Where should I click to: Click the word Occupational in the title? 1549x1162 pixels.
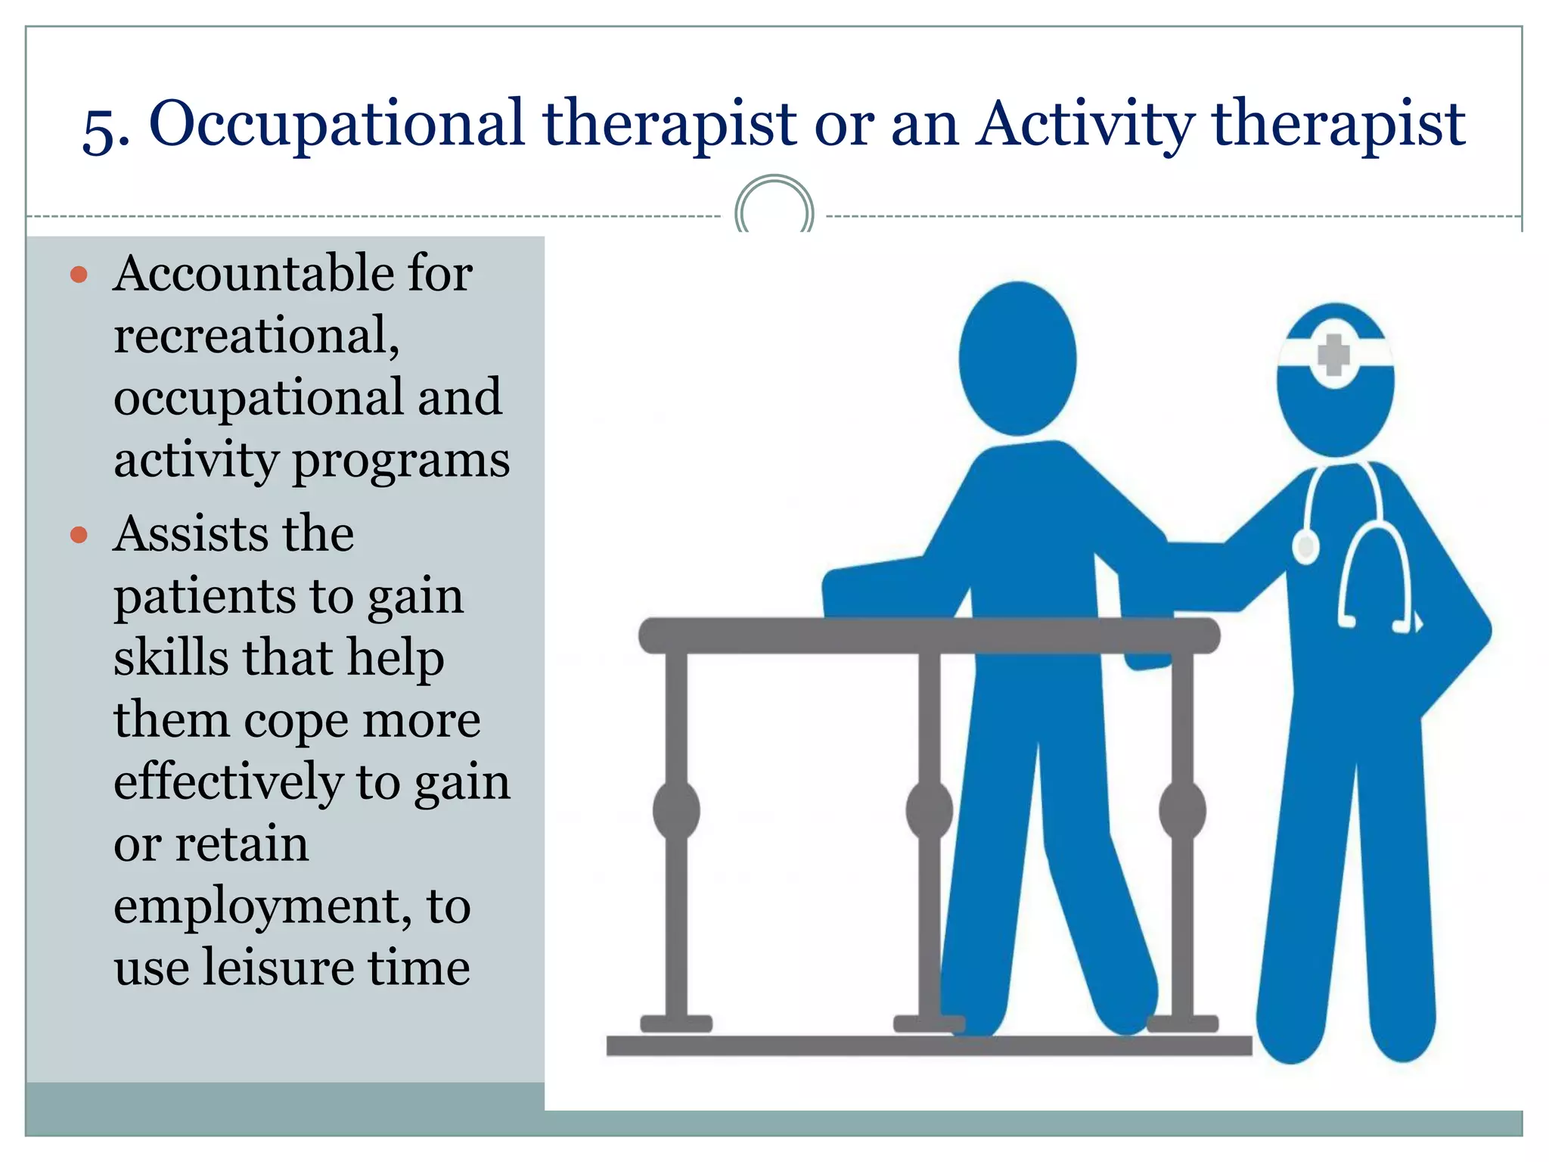point(336,124)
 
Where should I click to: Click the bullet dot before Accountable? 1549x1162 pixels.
point(79,275)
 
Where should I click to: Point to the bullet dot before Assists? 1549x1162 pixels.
point(79,536)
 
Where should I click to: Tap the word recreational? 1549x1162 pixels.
point(256,335)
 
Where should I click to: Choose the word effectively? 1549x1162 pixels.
point(228,782)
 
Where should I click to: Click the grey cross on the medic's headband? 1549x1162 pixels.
point(1333,355)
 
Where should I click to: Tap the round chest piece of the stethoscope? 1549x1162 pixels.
point(1305,546)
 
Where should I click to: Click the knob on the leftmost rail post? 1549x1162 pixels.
point(676,810)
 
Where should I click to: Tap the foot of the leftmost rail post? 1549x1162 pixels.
point(676,1024)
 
